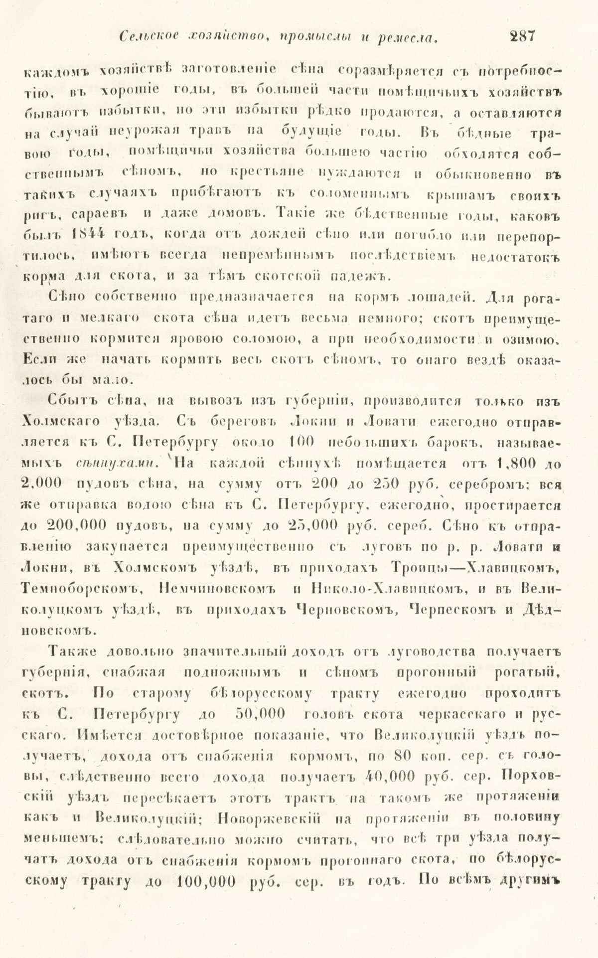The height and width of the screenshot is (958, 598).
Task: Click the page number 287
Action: (x=521, y=36)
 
